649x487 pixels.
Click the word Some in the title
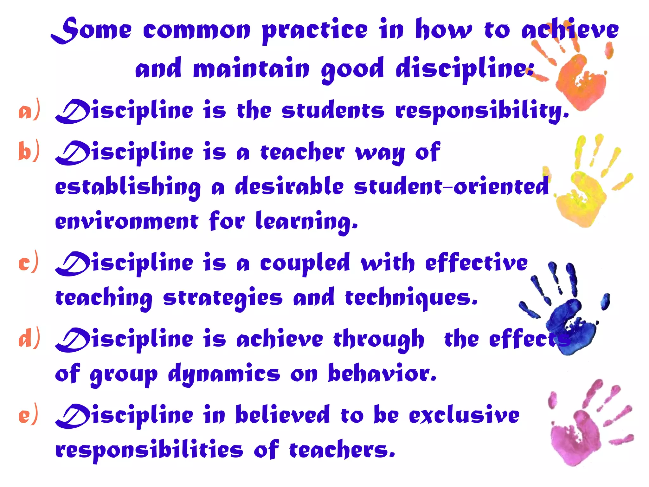click(92, 30)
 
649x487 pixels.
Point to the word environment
click(127, 221)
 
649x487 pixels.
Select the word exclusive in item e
click(464, 415)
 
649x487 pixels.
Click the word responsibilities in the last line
click(149, 450)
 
